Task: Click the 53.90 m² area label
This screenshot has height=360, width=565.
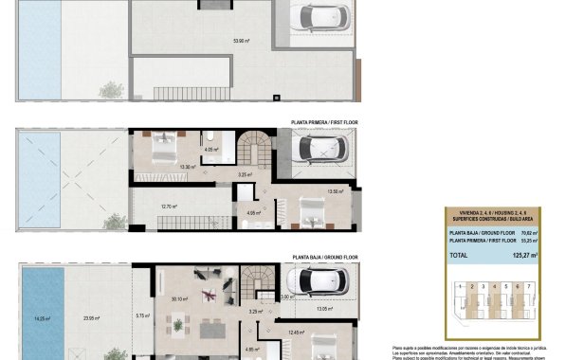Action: (x=241, y=41)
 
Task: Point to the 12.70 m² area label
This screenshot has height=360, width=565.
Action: (x=170, y=206)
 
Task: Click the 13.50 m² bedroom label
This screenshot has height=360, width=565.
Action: (x=334, y=191)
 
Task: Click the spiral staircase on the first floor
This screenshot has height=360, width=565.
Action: (x=253, y=151)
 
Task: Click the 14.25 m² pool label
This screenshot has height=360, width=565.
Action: (x=40, y=318)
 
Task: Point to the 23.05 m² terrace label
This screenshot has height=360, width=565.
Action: (x=92, y=318)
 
